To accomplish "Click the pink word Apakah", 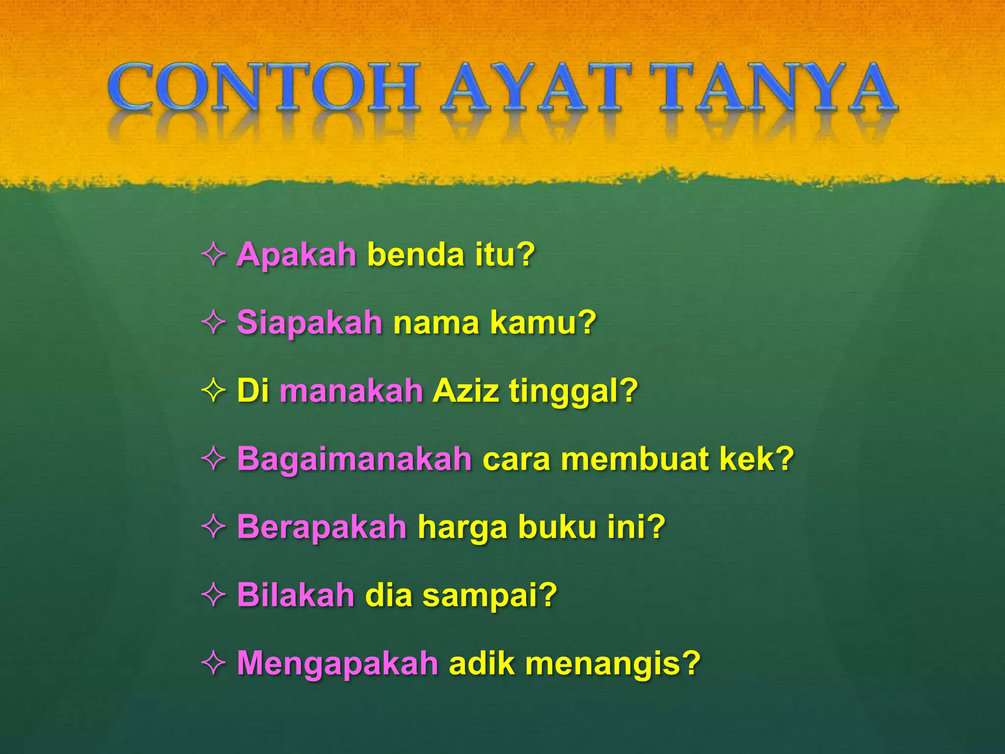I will tap(296, 255).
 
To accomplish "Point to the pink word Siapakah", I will tap(309, 323).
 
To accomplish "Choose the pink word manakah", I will tap(351, 391).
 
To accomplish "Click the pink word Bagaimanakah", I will tap(354, 458).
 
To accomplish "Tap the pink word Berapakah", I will tap(321, 527).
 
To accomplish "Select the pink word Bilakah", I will tap(295, 595).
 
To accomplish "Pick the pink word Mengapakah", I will tap(337, 663).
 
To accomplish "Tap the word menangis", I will tap(606, 663).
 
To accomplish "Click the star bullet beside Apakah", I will tap(213, 255).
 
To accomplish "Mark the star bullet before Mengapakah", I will tap(213, 663).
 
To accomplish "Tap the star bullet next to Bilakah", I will tap(213, 595).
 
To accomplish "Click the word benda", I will tap(415, 255).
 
